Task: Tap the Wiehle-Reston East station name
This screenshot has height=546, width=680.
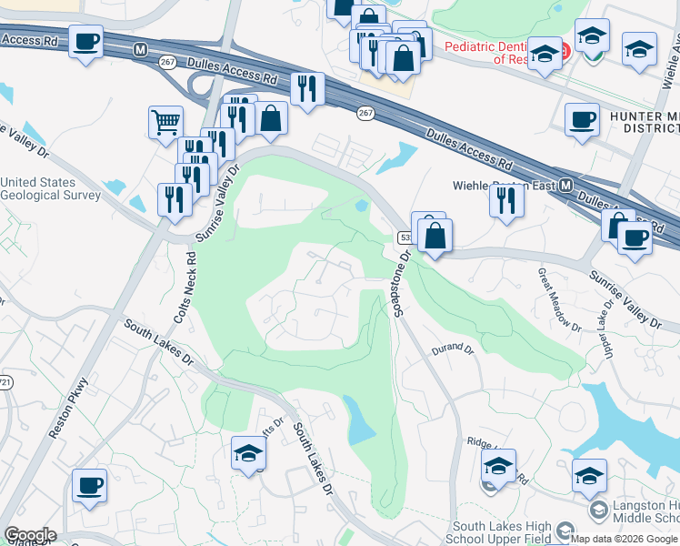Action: click(505, 186)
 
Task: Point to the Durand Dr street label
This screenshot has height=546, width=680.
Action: click(453, 349)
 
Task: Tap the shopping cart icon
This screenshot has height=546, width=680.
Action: click(165, 121)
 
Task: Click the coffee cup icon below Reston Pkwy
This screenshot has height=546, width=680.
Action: click(89, 485)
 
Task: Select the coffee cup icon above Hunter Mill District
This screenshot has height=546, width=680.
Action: click(582, 118)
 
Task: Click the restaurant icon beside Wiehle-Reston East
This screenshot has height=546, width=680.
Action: click(506, 198)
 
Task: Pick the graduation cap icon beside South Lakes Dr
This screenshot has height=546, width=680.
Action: click(248, 453)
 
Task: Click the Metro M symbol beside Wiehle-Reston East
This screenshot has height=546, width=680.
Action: click(566, 186)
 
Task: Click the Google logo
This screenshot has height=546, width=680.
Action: click(30, 535)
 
